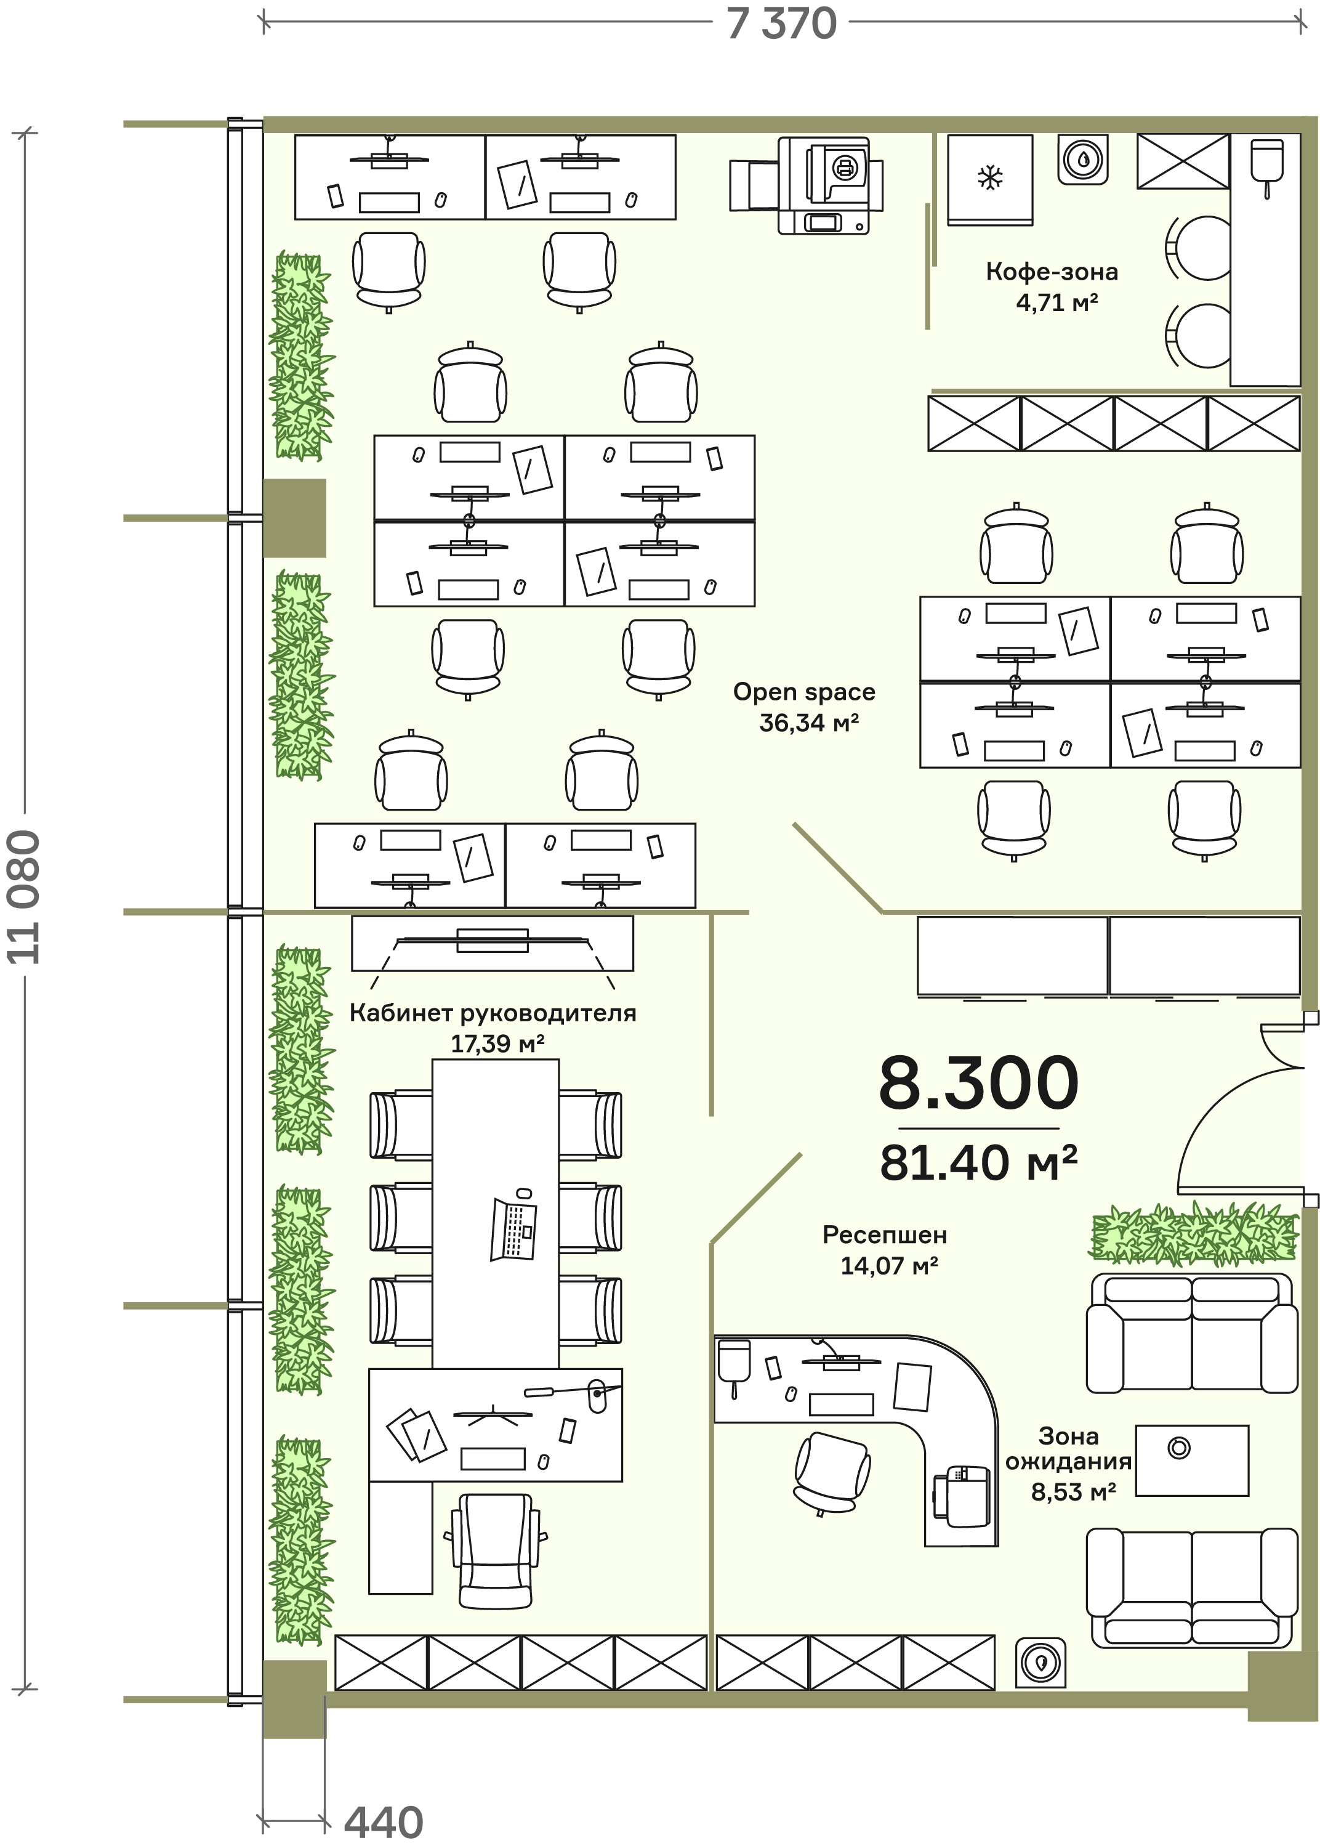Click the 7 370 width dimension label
(781, 23)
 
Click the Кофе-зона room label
(1052, 272)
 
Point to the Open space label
(804, 692)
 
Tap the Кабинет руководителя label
(493, 1013)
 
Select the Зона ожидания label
(1068, 1448)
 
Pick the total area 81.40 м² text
(979, 1164)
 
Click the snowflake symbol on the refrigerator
(990, 177)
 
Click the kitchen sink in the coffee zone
(1266, 166)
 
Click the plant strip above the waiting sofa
(1193, 1235)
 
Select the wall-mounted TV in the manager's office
(493, 941)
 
